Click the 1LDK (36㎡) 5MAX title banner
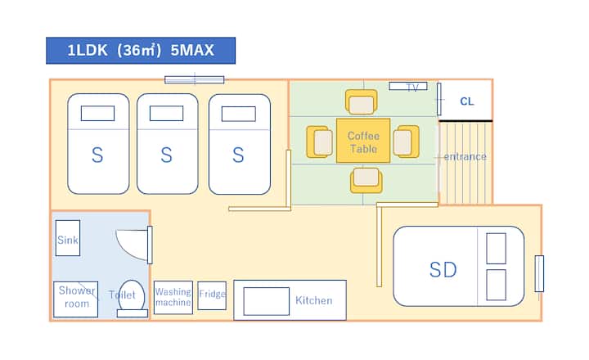(140, 50)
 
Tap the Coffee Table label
(362, 142)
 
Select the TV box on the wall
(407, 86)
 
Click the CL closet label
(466, 101)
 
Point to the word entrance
(465, 156)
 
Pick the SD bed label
(443, 269)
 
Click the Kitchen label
(313, 300)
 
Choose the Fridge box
(212, 295)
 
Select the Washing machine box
(173, 297)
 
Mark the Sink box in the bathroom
(68, 240)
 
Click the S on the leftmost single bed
(97, 155)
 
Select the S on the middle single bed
(167, 155)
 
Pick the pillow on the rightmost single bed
(239, 113)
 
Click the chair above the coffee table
(362, 102)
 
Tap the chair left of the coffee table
(318, 141)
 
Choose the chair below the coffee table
(366, 180)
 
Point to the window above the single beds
(194, 79)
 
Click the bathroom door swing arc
(131, 243)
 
